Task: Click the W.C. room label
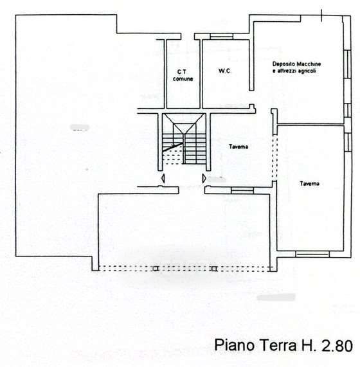pos(225,71)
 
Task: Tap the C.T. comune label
pos(183,75)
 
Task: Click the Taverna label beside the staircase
pos(239,147)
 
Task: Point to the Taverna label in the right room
pos(309,184)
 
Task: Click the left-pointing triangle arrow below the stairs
pos(163,179)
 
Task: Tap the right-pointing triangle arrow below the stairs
pos(204,179)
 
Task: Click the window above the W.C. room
pos(221,36)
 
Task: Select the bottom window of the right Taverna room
pos(312,254)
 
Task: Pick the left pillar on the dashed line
pos(156,269)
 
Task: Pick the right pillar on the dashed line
pos(213,269)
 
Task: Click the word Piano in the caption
pos(235,345)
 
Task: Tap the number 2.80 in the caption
pos(337,345)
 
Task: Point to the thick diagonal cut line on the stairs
pos(173,147)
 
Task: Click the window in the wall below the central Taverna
pos(242,190)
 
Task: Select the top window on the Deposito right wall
pos(348,64)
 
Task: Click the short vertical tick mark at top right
pos(321,15)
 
